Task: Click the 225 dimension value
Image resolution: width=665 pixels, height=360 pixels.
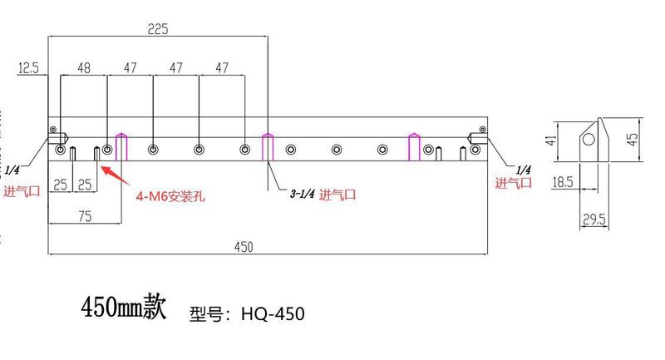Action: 158,28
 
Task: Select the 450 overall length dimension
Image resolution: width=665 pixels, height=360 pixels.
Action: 244,247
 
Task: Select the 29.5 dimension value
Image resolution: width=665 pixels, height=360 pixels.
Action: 594,219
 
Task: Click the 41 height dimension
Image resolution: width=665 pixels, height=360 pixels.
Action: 549,141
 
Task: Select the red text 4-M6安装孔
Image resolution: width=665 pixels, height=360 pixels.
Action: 170,197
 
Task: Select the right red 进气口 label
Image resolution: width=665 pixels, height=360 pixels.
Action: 513,184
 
